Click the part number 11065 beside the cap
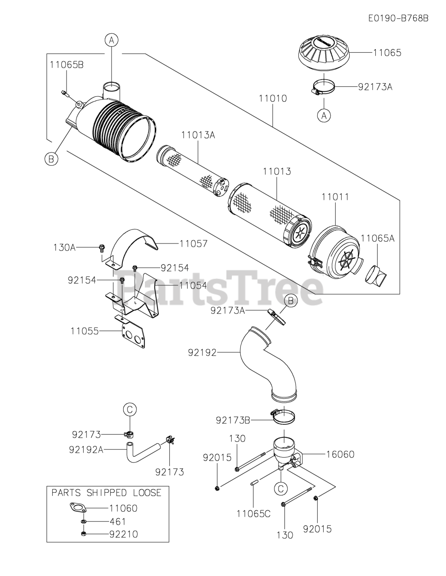tap(387, 53)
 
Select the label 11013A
tap(198, 135)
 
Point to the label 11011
tap(335, 197)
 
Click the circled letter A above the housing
tap(112, 40)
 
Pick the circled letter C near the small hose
tap(130, 409)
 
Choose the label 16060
tap(340, 454)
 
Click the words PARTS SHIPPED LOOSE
tap(106, 493)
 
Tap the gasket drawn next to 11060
tap(78, 508)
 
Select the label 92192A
tap(86, 449)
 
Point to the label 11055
tap(85, 331)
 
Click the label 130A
tap(64, 247)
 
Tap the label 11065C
tap(253, 513)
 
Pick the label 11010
tap(273, 98)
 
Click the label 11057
tap(194, 244)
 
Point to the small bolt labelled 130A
tap(102, 247)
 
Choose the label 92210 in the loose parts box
tap(124, 534)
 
